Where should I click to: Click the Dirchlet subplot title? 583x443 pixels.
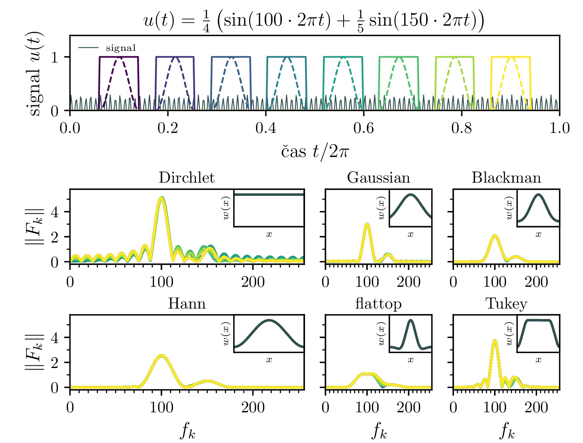coord(187,178)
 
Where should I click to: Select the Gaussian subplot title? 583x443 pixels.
coord(378,178)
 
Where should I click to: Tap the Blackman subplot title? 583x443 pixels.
coord(506,178)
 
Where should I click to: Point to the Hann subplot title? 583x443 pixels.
coord(187,303)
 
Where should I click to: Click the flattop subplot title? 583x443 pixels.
coord(378,303)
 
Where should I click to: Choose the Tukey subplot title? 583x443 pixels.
coord(506,303)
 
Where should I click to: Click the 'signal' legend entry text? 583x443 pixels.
coord(121,48)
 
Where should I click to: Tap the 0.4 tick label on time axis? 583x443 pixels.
coord(266,128)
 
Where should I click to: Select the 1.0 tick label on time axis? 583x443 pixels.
coord(559,128)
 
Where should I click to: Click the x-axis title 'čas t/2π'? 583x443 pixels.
coord(315,152)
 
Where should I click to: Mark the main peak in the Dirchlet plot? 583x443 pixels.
coord(162,198)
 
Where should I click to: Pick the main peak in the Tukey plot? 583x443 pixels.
coord(495,341)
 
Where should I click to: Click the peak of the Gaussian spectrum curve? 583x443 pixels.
coord(367,224)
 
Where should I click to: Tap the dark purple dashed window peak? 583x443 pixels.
coord(119,58)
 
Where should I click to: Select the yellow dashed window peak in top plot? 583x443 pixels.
coord(511,58)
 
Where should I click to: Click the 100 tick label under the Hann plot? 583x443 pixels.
coord(161,407)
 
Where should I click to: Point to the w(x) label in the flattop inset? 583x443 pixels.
coord(381,333)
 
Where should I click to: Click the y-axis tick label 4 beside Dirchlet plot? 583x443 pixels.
coord(55,212)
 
